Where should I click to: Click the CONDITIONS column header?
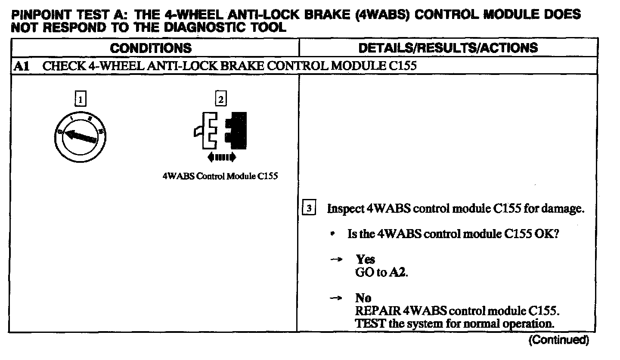click(x=151, y=48)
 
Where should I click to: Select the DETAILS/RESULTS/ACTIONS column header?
click(x=448, y=48)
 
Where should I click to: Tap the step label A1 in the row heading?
click(x=21, y=66)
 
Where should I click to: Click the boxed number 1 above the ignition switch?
click(x=80, y=100)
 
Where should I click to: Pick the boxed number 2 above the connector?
click(x=220, y=100)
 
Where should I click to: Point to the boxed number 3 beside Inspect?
click(x=309, y=209)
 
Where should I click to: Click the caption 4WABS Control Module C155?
click(x=220, y=177)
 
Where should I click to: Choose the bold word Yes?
click(x=365, y=259)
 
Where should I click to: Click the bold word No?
click(x=363, y=298)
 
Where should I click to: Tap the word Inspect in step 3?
click(x=345, y=209)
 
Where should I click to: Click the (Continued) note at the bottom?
click(x=558, y=340)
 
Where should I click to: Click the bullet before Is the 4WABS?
click(x=333, y=234)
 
